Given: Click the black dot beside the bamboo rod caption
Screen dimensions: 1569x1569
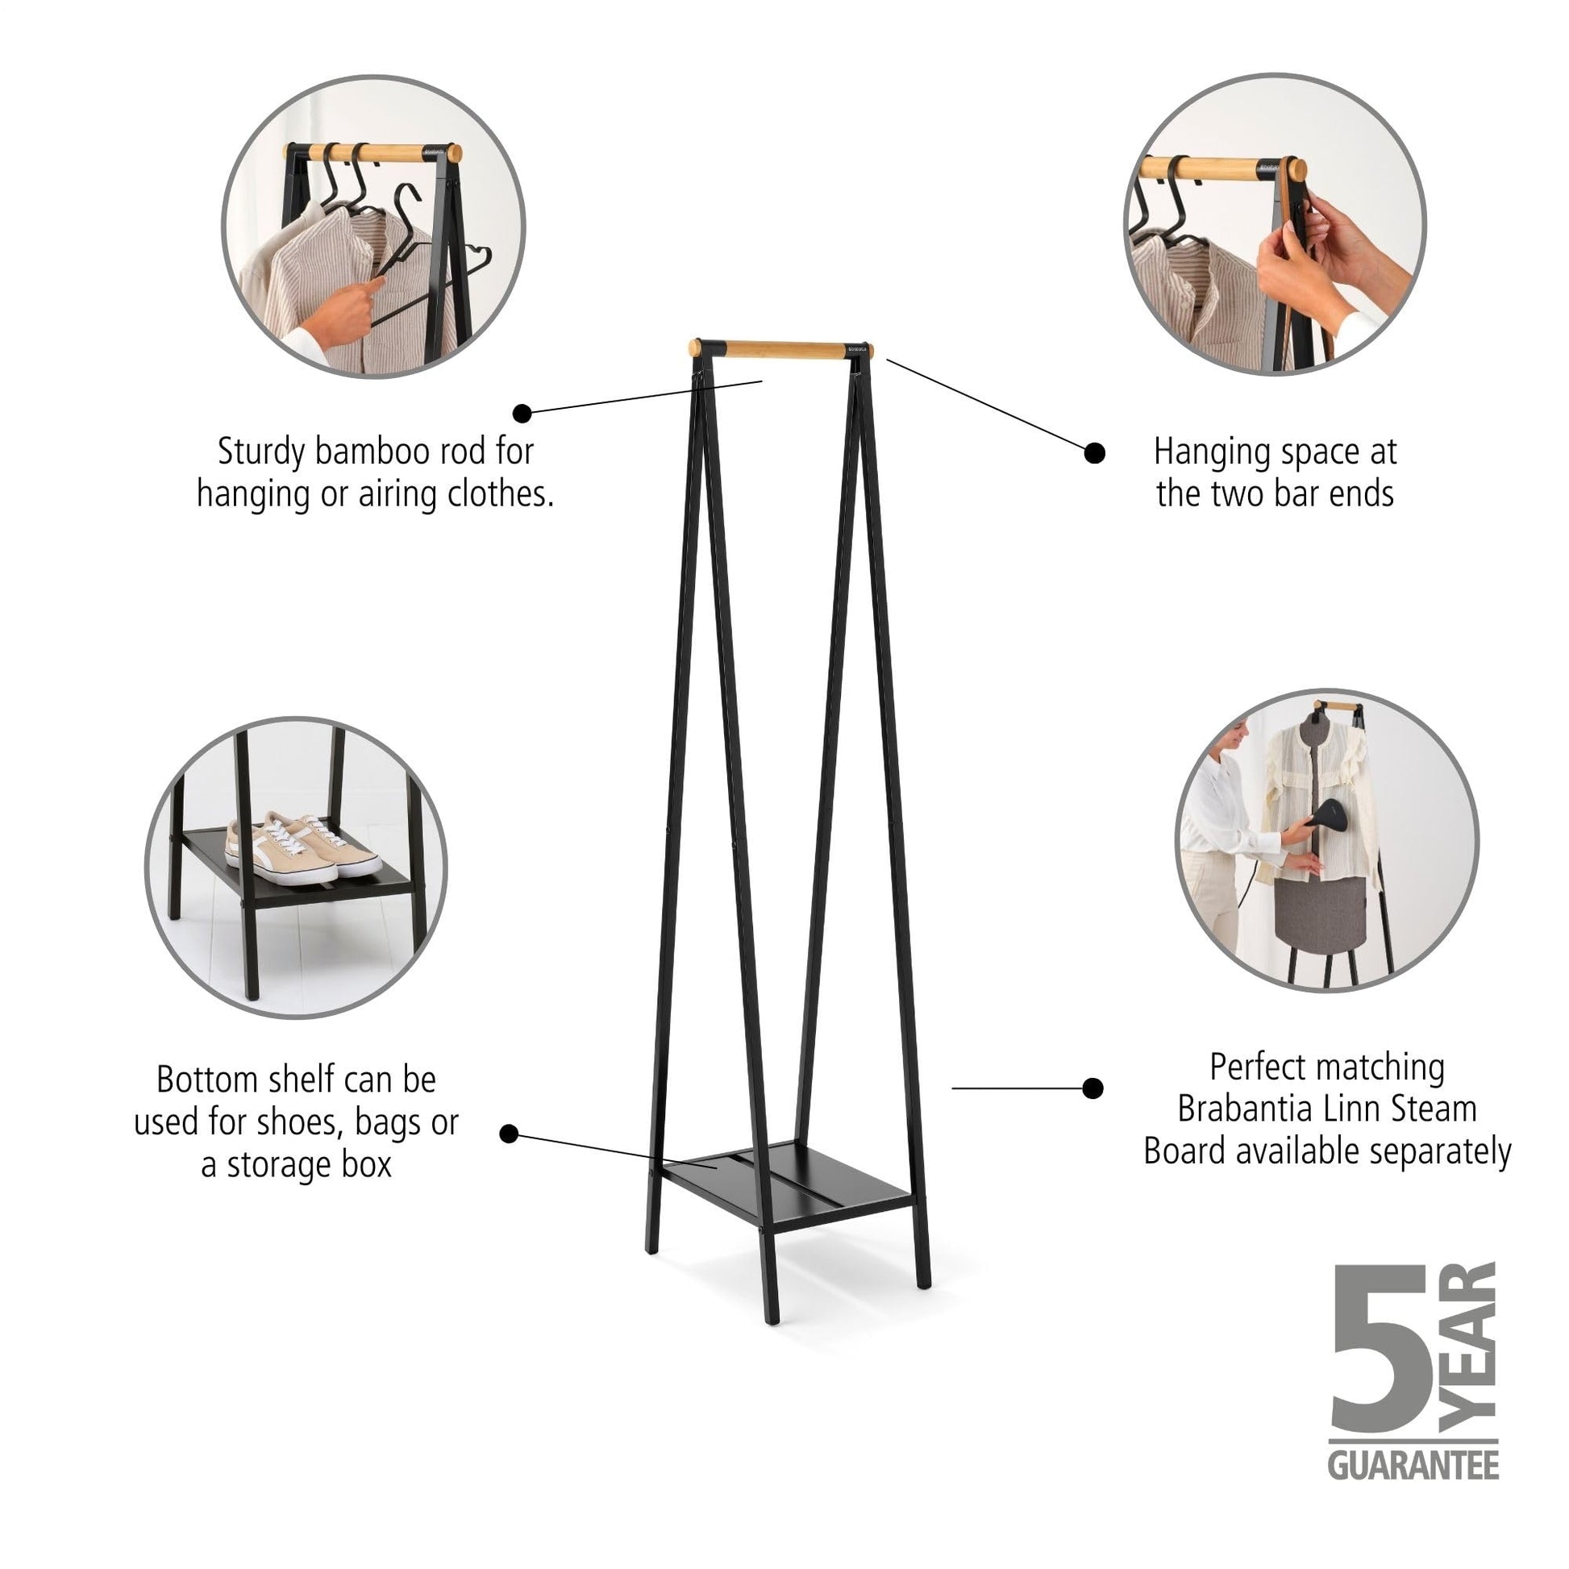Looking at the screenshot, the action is click(x=523, y=414).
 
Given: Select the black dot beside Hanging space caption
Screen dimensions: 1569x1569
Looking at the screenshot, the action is click(x=1094, y=453).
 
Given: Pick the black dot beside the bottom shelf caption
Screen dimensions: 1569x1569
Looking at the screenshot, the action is click(x=510, y=1134).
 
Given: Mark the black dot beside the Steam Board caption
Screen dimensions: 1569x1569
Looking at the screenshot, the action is click(x=1093, y=1088).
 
